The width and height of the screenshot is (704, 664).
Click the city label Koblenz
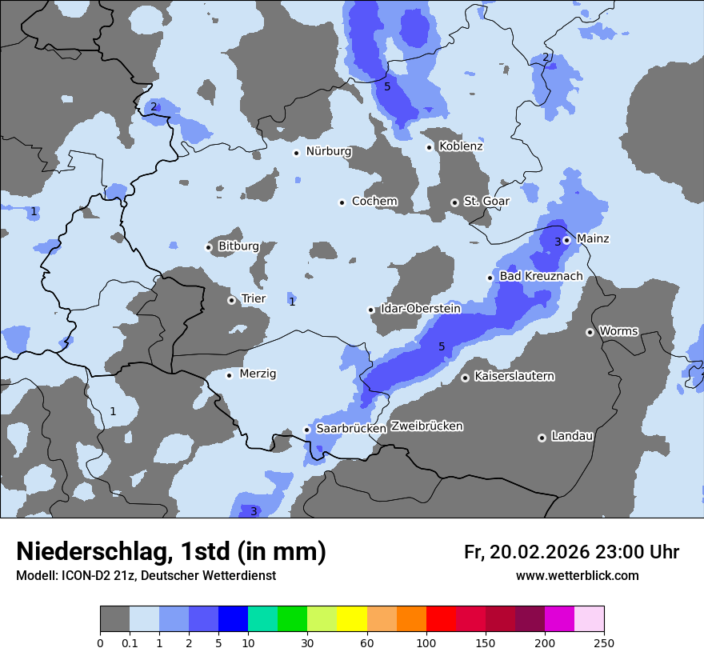point(461,146)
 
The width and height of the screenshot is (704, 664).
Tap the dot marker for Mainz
point(566,239)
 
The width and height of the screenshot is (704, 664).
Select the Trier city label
point(253,299)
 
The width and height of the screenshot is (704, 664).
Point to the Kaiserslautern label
point(514,376)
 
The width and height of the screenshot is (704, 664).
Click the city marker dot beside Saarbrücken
point(306,430)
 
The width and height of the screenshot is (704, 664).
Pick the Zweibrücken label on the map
point(426,426)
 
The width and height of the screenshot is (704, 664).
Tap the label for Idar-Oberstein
point(420,309)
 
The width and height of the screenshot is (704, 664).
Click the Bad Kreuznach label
point(541,277)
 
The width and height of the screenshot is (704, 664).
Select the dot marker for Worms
point(590,332)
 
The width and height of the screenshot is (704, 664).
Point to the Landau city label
point(572,437)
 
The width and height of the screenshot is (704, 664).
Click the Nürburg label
point(328,151)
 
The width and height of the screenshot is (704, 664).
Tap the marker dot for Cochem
point(342,202)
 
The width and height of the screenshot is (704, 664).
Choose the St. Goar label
point(486,202)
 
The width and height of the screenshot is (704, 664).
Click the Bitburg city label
point(238,246)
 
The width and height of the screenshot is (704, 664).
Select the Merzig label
point(258,374)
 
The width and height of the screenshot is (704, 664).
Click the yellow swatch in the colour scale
point(352,619)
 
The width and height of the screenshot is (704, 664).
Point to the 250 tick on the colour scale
point(604,643)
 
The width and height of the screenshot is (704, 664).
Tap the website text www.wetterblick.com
point(577,576)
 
